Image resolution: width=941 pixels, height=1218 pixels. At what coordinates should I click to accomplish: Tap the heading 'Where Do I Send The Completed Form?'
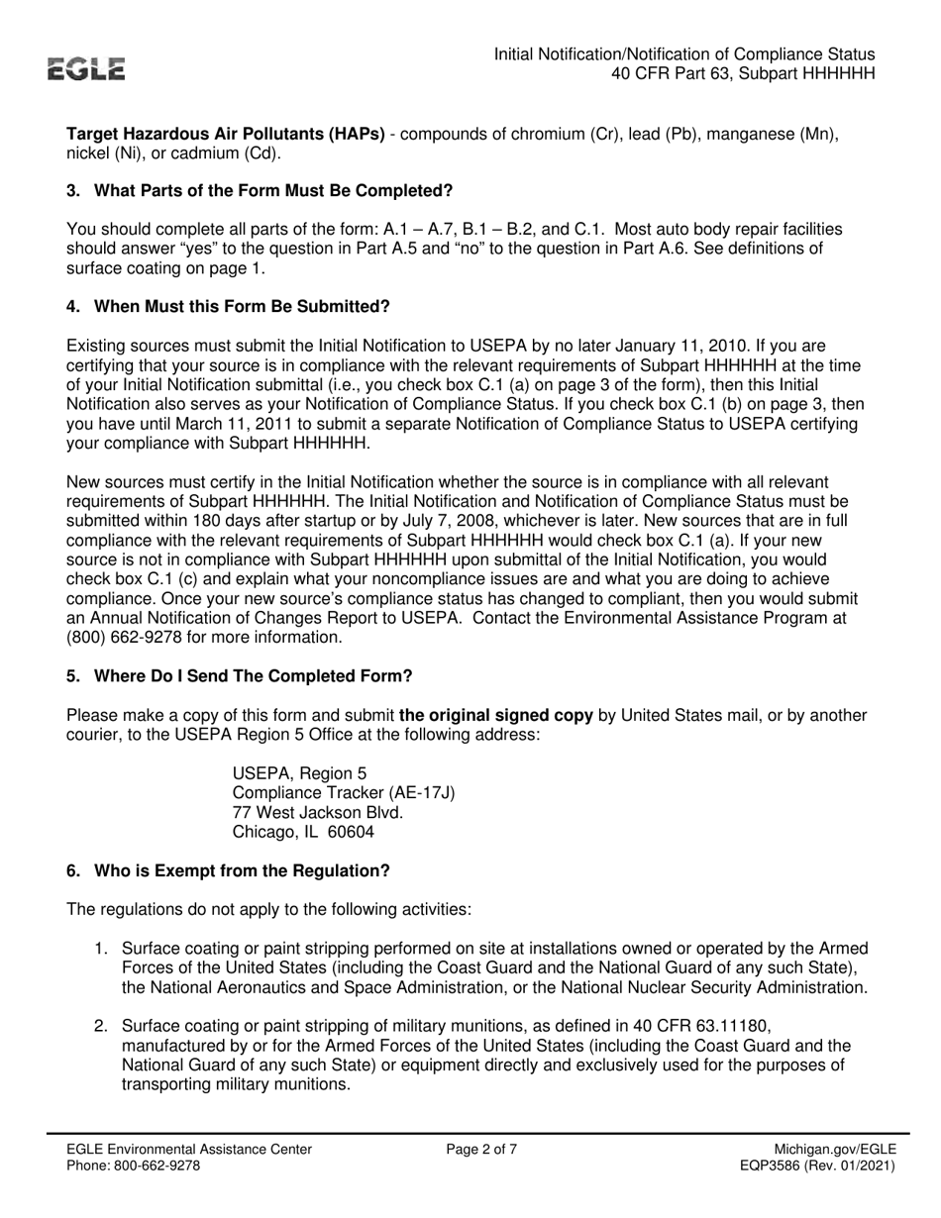pos(253,675)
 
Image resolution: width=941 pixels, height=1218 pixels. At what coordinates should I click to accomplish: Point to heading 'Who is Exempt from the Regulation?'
pos(242,870)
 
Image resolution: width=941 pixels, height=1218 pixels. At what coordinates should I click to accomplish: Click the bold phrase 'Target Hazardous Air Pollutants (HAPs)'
pos(226,134)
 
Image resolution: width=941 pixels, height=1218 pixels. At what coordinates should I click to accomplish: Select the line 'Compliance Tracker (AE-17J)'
pos(344,792)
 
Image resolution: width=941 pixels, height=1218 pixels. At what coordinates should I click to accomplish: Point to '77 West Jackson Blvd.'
pos(317,812)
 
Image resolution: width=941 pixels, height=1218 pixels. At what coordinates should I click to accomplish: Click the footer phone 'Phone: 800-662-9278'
pos(133,1166)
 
